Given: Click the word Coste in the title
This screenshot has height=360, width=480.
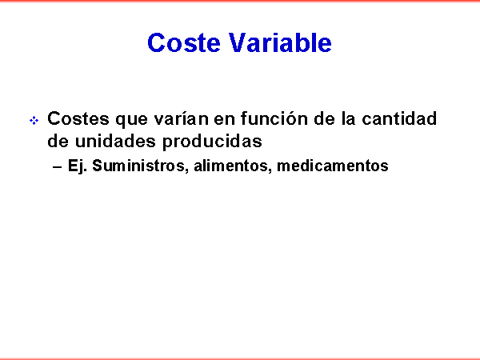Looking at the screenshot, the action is pyautogui.click(x=184, y=42).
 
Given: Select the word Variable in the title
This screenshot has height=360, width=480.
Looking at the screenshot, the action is pyautogui.click(x=280, y=42).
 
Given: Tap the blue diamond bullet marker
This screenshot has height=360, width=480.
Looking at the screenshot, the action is pyautogui.click(x=34, y=120).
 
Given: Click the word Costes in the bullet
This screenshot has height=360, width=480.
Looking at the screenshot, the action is pyautogui.click(x=78, y=118).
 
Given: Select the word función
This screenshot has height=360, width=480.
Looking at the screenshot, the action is pyautogui.click(x=274, y=118).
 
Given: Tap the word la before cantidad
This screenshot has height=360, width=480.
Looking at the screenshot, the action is pyautogui.click(x=348, y=118).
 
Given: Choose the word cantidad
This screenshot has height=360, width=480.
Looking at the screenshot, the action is pyautogui.click(x=399, y=118).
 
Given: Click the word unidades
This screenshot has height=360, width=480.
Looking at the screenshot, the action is pyautogui.click(x=115, y=141).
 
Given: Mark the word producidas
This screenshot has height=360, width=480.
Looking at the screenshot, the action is pyautogui.click(x=212, y=142).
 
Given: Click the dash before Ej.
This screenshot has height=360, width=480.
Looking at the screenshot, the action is pyautogui.click(x=58, y=167).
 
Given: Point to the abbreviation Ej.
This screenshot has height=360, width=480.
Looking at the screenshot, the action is pyautogui.click(x=78, y=166).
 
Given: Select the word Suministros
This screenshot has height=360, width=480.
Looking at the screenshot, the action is pyautogui.click(x=138, y=166).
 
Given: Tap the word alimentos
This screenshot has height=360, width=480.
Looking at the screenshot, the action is pyautogui.click(x=231, y=166).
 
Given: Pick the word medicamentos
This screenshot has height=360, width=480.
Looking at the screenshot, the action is pyautogui.click(x=333, y=166).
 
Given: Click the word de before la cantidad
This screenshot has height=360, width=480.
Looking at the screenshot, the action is pyautogui.click(x=324, y=118).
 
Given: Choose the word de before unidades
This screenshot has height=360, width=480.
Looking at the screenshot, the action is pyautogui.click(x=58, y=141).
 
